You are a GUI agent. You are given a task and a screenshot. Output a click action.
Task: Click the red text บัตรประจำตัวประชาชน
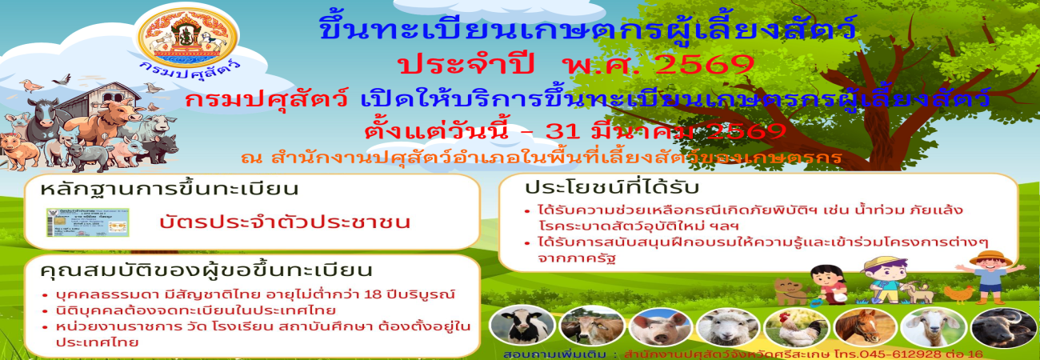[x=285, y=222]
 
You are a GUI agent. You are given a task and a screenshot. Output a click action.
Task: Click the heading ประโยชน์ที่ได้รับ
[x=612, y=188]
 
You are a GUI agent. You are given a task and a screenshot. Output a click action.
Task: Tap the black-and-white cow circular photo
[x=511, y=326]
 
